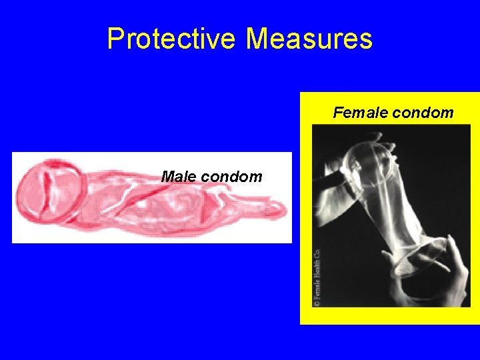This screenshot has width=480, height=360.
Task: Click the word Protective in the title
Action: [x=171, y=39]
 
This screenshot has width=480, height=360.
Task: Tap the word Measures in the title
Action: [x=309, y=39]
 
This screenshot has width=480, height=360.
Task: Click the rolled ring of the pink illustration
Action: [x=51, y=192]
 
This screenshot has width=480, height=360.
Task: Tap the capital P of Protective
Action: [x=115, y=39]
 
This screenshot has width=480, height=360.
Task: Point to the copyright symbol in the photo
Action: [x=317, y=302]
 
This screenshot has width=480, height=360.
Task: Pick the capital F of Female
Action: [x=337, y=113]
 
